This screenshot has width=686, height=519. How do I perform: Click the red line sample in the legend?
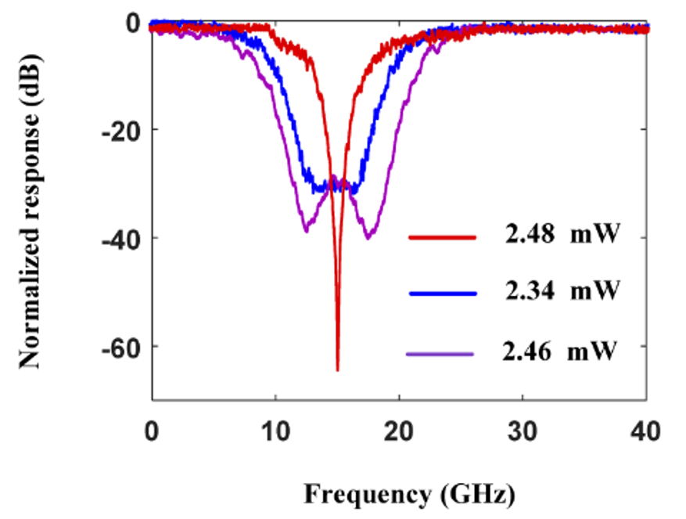[441, 235]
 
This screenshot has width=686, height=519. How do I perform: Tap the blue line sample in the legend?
[441, 293]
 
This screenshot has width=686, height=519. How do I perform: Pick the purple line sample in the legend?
[441, 355]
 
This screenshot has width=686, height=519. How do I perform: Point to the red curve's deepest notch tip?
[337, 369]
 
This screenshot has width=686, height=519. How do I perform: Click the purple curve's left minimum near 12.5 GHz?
[306, 231]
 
